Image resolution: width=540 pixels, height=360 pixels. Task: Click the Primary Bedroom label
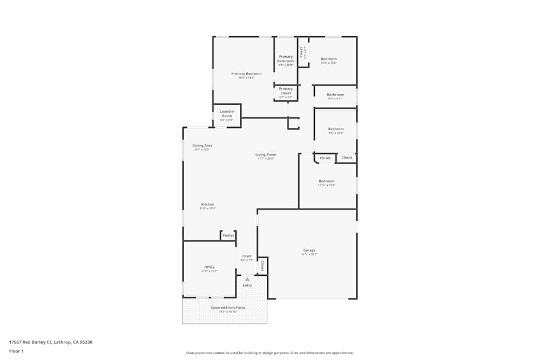[246, 74]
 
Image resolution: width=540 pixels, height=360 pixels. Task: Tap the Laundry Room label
[227, 113]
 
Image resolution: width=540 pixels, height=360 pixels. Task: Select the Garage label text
[309, 250]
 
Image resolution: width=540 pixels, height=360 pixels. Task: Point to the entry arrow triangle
[247, 279]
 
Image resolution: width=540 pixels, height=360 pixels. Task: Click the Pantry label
[228, 235]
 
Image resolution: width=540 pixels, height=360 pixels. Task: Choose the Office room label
[210, 267]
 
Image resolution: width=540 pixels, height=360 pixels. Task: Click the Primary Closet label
[286, 91]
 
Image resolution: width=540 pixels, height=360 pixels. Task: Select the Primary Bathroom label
[286, 59]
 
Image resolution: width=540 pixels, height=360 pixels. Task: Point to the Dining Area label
[202, 145]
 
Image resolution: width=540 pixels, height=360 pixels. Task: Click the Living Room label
[266, 154]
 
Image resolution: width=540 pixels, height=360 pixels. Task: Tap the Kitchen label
[208, 205]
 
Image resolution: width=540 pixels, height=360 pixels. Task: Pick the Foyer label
[247, 256]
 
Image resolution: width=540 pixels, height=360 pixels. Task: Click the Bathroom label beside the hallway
[335, 94]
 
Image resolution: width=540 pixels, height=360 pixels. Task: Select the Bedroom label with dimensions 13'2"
[329, 59]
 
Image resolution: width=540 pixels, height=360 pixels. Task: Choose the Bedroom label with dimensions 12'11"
[327, 181]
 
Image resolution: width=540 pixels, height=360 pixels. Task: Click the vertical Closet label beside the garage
[262, 266]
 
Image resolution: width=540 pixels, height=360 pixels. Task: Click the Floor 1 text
[17, 351]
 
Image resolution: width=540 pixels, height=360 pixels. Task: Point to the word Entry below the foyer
[247, 286]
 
